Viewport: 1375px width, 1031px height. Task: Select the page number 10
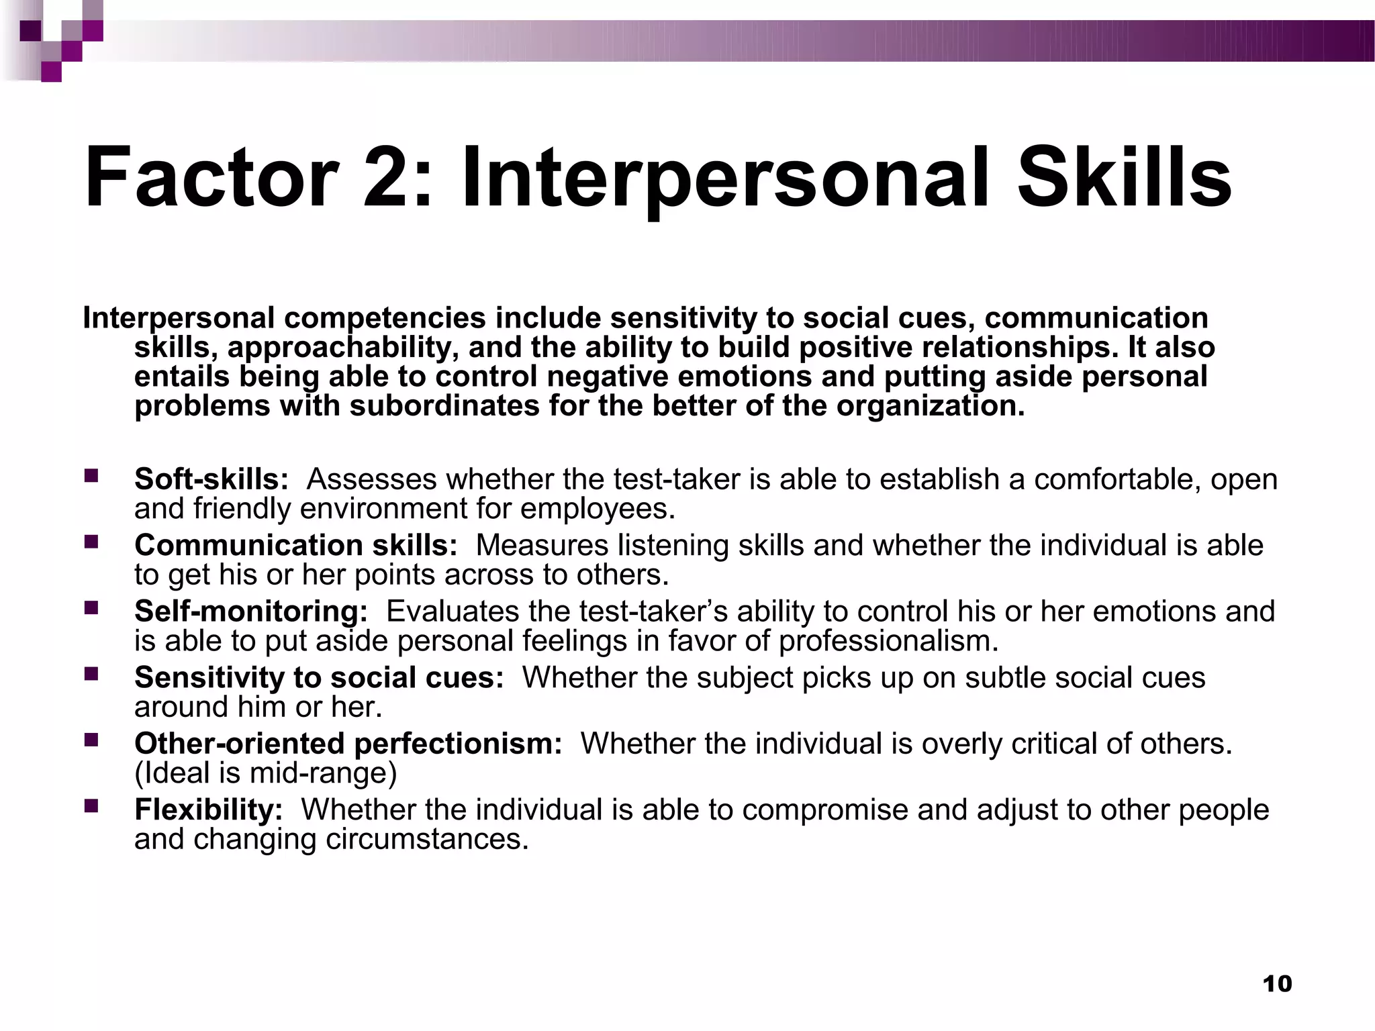(1277, 984)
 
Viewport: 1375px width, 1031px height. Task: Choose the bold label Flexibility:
(209, 809)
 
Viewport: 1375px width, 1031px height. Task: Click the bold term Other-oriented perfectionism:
(348, 744)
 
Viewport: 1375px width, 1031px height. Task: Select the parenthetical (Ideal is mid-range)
(266, 773)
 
